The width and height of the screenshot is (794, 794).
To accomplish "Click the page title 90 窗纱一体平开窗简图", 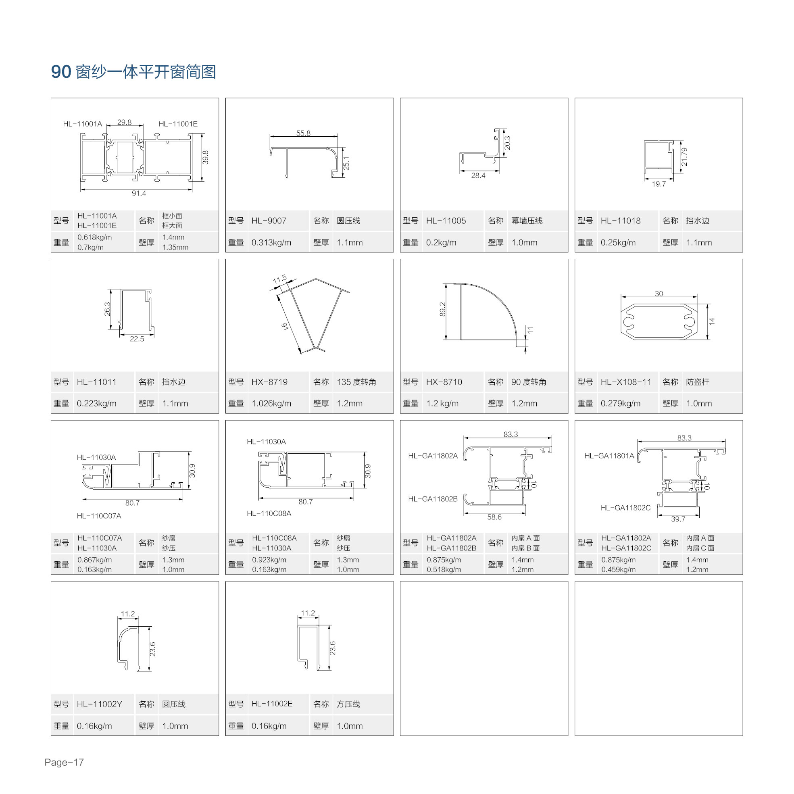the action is click(x=133, y=72).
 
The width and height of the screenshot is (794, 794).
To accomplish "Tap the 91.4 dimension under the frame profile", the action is click(x=139, y=193).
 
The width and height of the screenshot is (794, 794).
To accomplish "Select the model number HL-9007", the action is click(x=269, y=221).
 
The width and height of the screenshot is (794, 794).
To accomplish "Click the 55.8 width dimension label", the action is click(x=303, y=133).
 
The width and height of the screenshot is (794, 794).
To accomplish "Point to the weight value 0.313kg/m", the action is click(x=271, y=242).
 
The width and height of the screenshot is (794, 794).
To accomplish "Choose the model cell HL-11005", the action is click(x=446, y=221).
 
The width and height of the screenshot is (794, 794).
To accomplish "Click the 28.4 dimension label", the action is click(x=478, y=175).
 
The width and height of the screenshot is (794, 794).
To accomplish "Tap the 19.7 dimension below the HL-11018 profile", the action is click(x=659, y=184).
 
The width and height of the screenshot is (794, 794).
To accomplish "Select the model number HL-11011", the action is click(x=97, y=382).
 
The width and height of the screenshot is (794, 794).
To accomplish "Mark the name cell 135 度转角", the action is click(x=356, y=382).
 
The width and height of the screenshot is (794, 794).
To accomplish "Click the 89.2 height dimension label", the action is click(x=442, y=309).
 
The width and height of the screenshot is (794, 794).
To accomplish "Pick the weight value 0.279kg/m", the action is click(x=620, y=403).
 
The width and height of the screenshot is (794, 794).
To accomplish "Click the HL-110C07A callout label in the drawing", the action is click(x=99, y=516).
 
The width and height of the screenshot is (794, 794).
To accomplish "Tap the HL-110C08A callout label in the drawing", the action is click(x=269, y=513).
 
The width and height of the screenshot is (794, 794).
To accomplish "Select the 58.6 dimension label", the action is click(x=494, y=517).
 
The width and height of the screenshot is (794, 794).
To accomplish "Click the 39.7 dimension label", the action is click(x=678, y=519).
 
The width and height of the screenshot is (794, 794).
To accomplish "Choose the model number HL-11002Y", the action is click(x=99, y=704).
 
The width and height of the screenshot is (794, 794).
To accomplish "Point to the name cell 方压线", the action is click(x=348, y=704).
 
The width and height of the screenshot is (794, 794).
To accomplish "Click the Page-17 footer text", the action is click(x=64, y=763).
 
